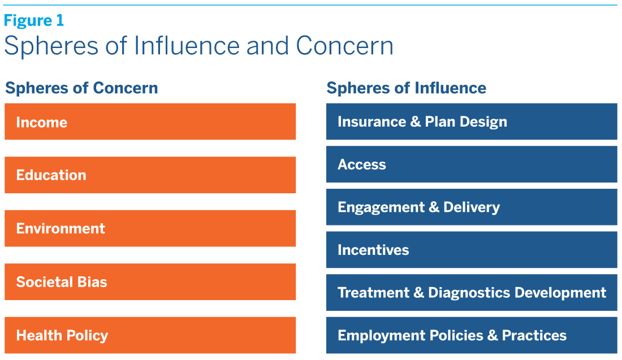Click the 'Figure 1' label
34,21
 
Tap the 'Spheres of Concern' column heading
81,88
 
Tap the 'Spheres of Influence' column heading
406,88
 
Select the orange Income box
150,122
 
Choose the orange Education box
150,175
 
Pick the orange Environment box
150,228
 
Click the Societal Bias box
150,281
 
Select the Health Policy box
150,335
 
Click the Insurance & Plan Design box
471,122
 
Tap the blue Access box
471,164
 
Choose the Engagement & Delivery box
471,207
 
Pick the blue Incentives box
471,250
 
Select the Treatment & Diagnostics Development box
471,293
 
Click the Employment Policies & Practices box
471,335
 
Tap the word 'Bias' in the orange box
93,281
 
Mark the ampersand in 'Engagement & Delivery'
434,207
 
